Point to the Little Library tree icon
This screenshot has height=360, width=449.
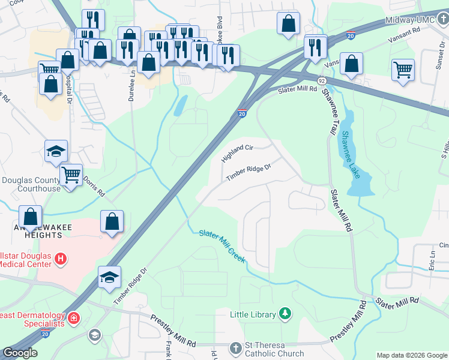pos(286,314)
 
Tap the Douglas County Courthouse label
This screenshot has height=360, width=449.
pos(31,184)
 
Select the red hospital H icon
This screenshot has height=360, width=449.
pos(60,259)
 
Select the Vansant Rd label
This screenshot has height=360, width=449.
pos(404,36)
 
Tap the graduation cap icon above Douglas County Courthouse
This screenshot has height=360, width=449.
pos(56,151)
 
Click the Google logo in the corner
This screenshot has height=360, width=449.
pos(20,353)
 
